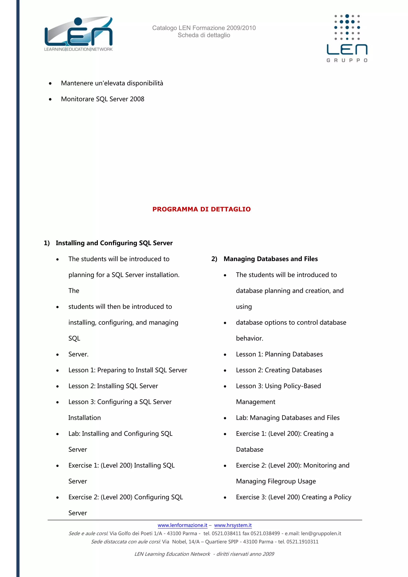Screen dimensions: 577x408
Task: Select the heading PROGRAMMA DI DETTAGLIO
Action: click(201, 209)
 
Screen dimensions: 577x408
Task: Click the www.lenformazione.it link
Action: click(182, 525)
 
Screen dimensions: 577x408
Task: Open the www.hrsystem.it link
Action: click(233, 525)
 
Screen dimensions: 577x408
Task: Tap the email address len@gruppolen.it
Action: click(321, 534)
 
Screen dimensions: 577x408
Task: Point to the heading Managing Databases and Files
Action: click(271, 259)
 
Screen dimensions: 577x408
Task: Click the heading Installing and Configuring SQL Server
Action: click(114, 243)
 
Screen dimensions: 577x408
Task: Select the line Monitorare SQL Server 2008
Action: click(103, 99)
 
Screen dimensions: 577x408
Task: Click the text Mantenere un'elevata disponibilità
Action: click(112, 83)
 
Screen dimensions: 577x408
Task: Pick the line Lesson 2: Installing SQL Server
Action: click(113, 386)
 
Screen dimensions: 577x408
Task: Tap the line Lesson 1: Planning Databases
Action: click(279, 354)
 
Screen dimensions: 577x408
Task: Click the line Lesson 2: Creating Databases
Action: click(279, 370)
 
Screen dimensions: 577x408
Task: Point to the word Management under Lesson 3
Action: click(256, 402)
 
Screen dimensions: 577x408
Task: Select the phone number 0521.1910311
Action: click(302, 542)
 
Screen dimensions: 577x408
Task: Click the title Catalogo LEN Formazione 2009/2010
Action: click(204, 28)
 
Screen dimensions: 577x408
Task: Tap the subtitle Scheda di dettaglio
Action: click(204, 35)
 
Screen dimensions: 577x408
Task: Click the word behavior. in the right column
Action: click(249, 339)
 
